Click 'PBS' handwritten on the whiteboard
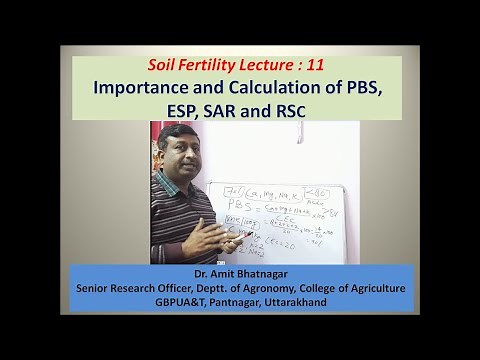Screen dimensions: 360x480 tap(225, 206)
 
